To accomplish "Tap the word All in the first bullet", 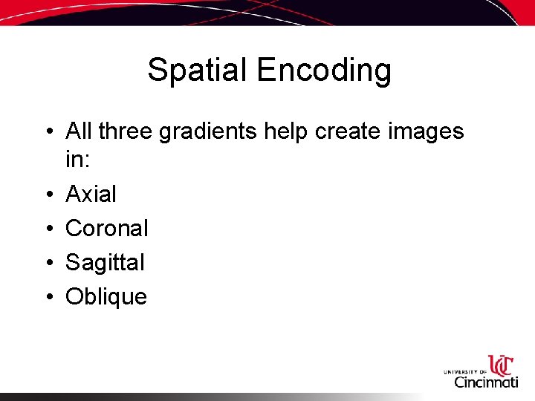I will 79,131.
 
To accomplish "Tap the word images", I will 426,133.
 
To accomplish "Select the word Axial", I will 91,194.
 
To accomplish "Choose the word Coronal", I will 107,228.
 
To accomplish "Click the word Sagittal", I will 105,263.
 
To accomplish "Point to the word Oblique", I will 106,297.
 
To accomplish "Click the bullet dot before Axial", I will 48,195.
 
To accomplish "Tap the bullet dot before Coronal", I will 48,229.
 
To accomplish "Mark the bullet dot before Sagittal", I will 48,263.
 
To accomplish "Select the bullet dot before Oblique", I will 48,297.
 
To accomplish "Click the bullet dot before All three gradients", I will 48,132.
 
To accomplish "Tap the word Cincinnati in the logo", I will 487,382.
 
